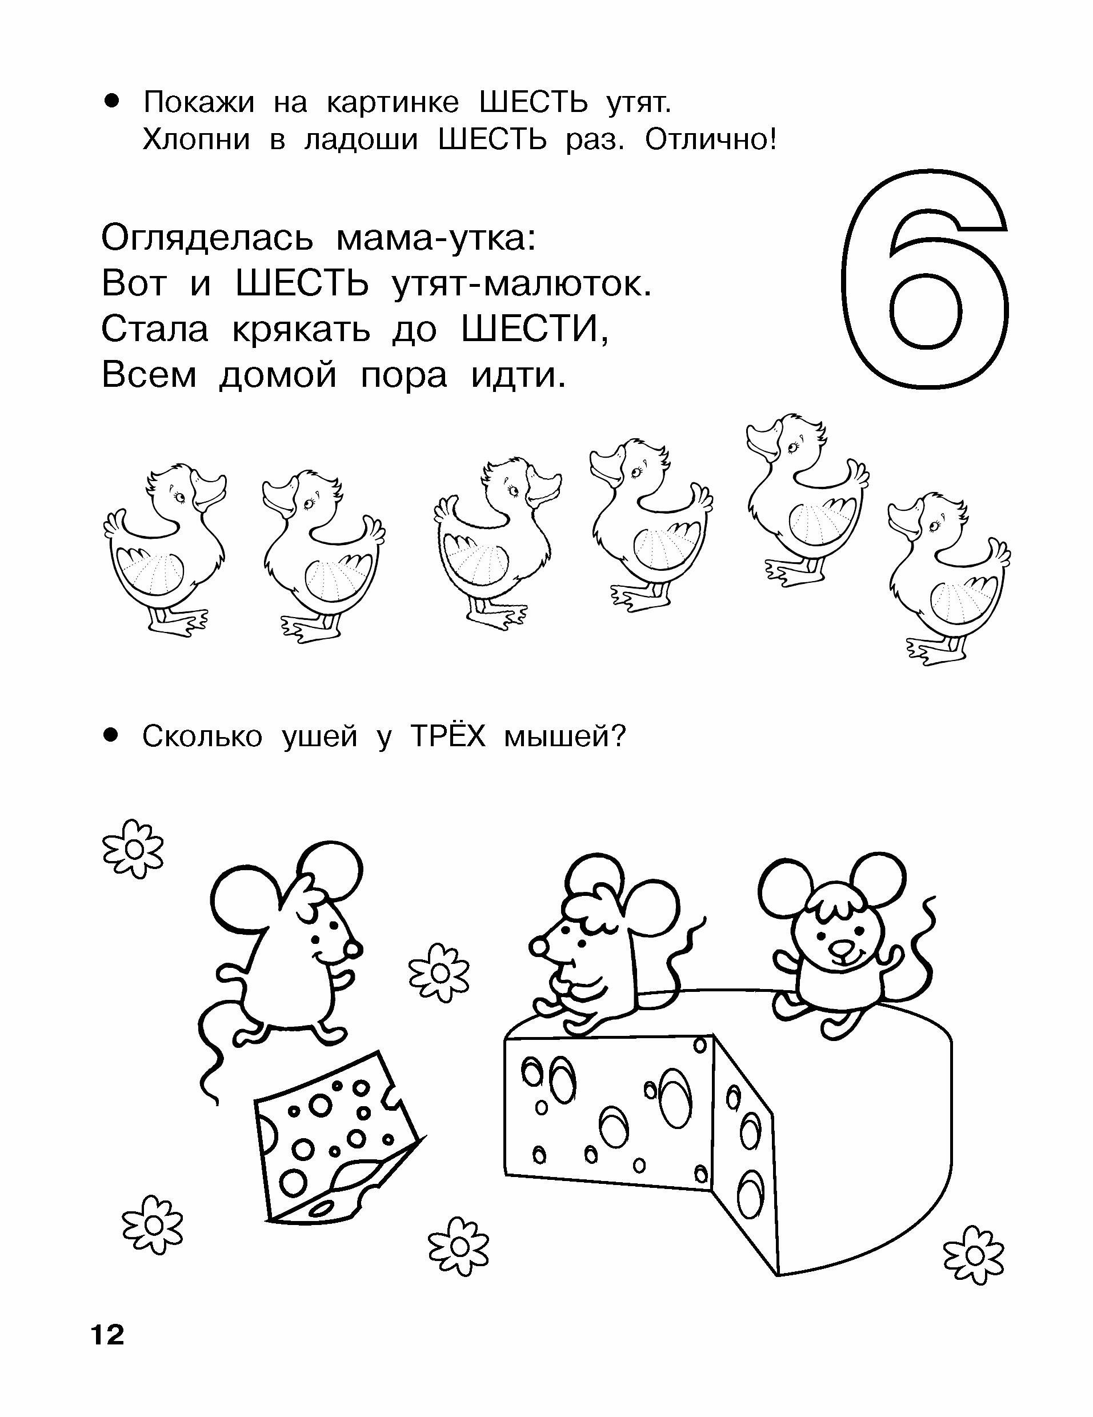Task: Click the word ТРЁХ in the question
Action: (x=449, y=736)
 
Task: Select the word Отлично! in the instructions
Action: (x=710, y=139)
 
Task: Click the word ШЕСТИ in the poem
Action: (x=535, y=330)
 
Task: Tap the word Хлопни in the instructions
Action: (x=196, y=139)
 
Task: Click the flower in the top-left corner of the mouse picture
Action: (x=134, y=848)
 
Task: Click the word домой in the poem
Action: (x=278, y=377)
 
